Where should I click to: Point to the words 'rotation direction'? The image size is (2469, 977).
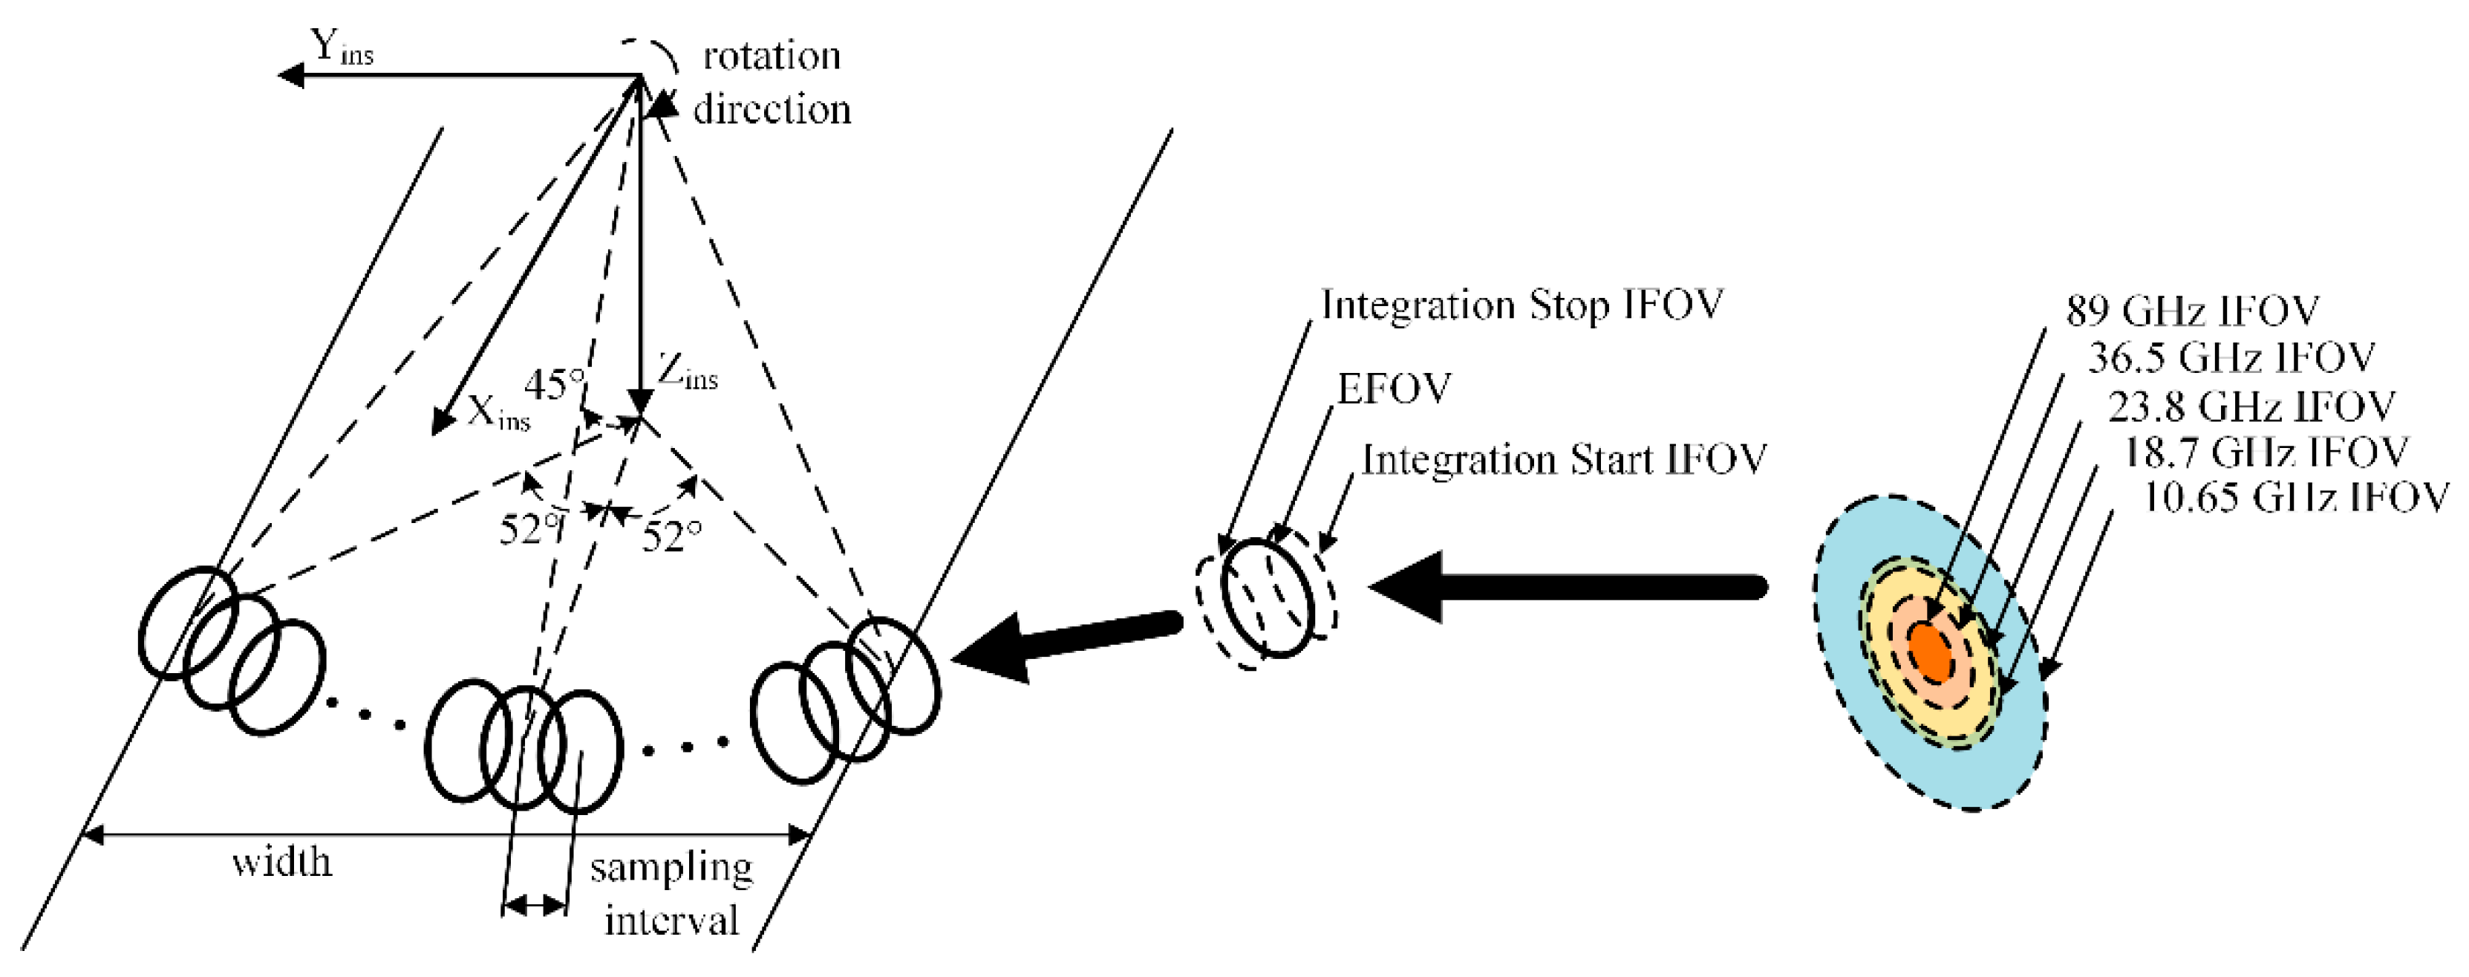pos(772,82)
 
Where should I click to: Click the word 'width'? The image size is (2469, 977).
pos(281,863)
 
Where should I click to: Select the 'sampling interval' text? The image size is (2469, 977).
pos(672,894)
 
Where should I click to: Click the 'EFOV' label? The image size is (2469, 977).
pos(1395,389)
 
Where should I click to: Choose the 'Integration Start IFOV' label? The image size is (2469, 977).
pos(1563,460)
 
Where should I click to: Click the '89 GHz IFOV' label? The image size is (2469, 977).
pos(2192,311)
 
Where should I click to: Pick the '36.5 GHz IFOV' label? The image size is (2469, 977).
pos(2231,357)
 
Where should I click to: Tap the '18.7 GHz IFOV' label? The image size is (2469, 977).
pos(2266,452)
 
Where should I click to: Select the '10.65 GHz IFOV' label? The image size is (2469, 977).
pos(2294,498)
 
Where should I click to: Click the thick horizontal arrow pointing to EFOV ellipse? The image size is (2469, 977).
pos(1572,587)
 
